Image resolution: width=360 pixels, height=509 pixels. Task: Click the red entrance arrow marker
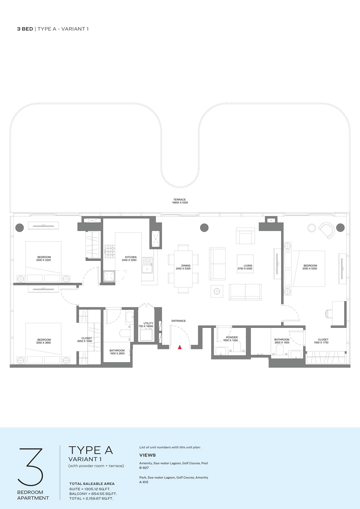tap(180, 347)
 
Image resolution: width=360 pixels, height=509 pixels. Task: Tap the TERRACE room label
tap(179, 199)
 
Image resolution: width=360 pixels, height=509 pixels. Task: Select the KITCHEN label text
tap(131, 257)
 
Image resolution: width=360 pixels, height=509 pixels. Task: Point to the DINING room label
tap(181, 266)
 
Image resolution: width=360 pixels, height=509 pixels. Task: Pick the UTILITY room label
tap(148, 323)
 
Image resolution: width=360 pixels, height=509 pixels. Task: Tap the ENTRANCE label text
tap(179, 321)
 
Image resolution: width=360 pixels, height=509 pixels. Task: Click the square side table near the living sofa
tap(217, 291)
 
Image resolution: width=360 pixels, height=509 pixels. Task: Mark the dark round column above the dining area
tap(204, 227)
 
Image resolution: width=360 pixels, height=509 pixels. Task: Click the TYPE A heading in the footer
tap(90, 450)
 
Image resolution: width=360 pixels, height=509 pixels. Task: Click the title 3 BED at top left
tap(25, 29)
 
